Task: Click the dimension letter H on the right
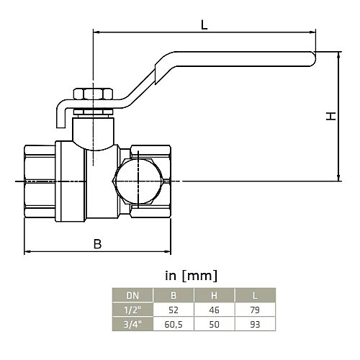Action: pyautogui.click(x=330, y=116)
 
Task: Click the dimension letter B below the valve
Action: pyautogui.click(x=97, y=243)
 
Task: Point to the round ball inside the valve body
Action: pyautogui.click(x=138, y=181)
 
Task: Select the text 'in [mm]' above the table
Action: pyautogui.click(x=191, y=275)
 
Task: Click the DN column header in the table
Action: pyautogui.click(x=132, y=295)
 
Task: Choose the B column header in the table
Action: pyautogui.click(x=173, y=295)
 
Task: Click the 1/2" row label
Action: pyautogui.click(x=132, y=309)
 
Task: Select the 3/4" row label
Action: pyautogui.click(x=132, y=323)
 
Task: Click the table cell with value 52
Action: pyautogui.click(x=173, y=309)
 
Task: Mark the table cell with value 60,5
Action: pyautogui.click(x=173, y=323)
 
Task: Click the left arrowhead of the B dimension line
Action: pyautogui.click(x=27, y=251)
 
